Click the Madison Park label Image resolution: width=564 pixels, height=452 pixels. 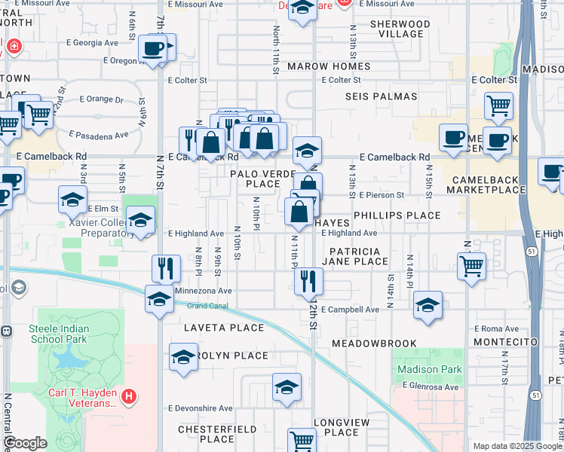coord(429,369)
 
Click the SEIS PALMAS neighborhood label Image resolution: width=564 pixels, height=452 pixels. coord(382,96)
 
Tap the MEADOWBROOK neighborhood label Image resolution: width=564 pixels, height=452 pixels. coord(374,344)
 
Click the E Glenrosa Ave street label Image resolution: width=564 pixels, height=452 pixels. coord(431,386)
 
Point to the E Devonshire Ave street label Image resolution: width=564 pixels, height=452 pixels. coord(201,408)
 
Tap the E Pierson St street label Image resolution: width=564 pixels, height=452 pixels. coord(382,195)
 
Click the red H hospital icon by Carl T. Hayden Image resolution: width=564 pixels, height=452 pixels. coord(129,395)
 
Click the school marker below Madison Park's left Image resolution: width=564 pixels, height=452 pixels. coord(428,305)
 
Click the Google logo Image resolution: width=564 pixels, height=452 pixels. coord(26,444)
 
